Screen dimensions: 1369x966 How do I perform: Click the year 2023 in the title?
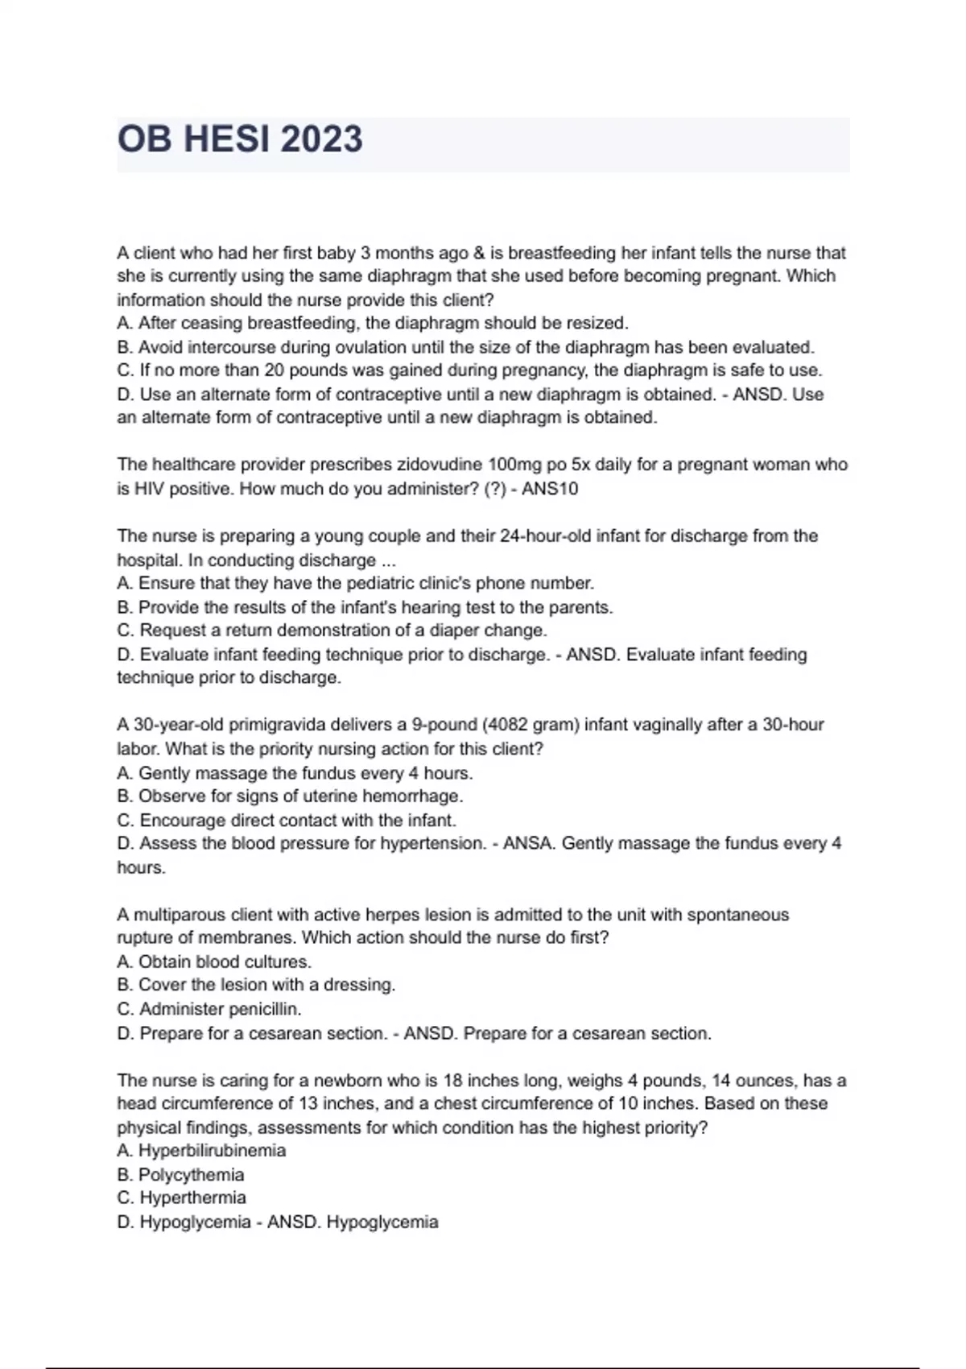tap(321, 139)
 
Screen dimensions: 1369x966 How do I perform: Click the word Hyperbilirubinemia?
tap(213, 1151)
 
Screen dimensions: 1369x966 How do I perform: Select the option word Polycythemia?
tap(192, 1175)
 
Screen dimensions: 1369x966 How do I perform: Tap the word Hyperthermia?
tap(193, 1198)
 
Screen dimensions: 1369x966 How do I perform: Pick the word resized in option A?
tap(598, 324)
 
